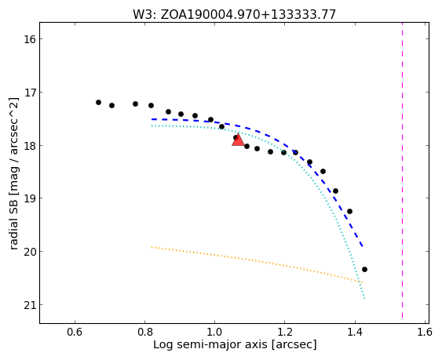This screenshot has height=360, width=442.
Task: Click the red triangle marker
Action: pyautogui.click(x=238, y=140)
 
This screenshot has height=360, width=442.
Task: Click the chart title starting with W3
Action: pyautogui.click(x=234, y=14)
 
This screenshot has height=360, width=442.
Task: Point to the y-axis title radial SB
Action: pyautogui.click(x=13, y=173)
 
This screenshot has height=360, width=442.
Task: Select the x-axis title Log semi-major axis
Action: pyautogui.click(x=235, y=345)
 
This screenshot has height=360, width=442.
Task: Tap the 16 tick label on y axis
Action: pyautogui.click(x=29, y=39)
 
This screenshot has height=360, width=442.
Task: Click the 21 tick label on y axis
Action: pyautogui.click(x=29, y=305)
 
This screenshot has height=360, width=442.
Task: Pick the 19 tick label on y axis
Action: pyautogui.click(x=29, y=198)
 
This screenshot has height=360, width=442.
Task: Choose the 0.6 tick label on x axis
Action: pyautogui.click(x=75, y=332)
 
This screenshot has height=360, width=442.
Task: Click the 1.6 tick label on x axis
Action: pyautogui.click(x=424, y=332)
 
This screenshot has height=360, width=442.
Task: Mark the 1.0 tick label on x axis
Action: pyautogui.click(x=214, y=332)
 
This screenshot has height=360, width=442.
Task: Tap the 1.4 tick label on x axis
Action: pyautogui.click(x=355, y=332)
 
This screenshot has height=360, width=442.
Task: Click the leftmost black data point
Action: pyautogui.click(x=98, y=102)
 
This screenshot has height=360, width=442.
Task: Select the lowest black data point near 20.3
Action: pyautogui.click(x=364, y=269)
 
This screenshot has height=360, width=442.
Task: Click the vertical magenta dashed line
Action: pyautogui.click(x=402, y=170)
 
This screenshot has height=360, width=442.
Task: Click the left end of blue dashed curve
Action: pyautogui.click(x=152, y=119)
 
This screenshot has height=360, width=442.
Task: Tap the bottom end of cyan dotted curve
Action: pyautogui.click(x=364, y=298)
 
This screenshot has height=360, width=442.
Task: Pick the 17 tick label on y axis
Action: pyautogui.click(x=29, y=93)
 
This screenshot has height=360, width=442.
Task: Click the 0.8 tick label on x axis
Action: pyautogui.click(x=144, y=332)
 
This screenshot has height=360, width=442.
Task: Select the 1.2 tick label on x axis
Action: pyautogui.click(x=284, y=332)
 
